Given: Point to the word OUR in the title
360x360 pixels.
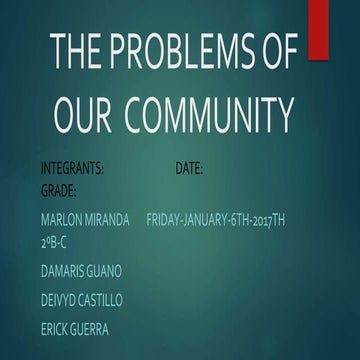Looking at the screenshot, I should [x=86, y=108].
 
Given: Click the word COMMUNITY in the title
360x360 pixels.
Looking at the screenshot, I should [x=214, y=108].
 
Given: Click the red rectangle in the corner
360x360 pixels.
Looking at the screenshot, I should [x=319, y=27].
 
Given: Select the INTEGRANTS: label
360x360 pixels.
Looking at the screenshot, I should [x=72, y=169].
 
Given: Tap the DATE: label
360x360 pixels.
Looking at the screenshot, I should [x=189, y=169].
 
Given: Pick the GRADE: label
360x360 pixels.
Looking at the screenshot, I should [x=58, y=188].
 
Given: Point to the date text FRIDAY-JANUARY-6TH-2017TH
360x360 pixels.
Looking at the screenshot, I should [x=216, y=218].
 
